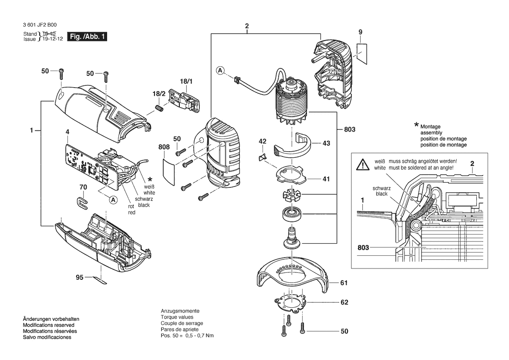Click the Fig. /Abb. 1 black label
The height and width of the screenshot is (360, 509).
click(87, 36)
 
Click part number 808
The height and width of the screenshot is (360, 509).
click(164, 147)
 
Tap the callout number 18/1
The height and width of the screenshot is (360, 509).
click(186, 81)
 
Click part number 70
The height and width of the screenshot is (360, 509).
click(83, 187)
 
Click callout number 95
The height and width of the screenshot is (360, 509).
click(80, 277)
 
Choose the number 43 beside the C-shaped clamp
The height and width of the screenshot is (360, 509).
click(326, 143)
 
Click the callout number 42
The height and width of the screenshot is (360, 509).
click(262, 141)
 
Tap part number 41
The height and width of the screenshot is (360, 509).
click(326, 179)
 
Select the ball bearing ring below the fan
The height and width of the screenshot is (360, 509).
click(291, 214)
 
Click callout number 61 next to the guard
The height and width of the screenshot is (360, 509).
click(344, 283)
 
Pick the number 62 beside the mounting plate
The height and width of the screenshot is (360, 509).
click(344, 302)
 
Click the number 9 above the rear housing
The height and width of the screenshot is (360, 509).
click(361, 32)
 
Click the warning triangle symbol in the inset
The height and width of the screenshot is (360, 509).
click(362, 165)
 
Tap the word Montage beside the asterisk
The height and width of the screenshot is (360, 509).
click(431, 127)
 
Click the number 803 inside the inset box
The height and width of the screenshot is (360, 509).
click(363, 248)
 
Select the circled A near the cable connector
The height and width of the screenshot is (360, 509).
click(220, 70)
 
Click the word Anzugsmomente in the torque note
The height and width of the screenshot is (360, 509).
click(180, 311)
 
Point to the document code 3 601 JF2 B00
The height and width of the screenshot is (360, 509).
click(40, 25)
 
